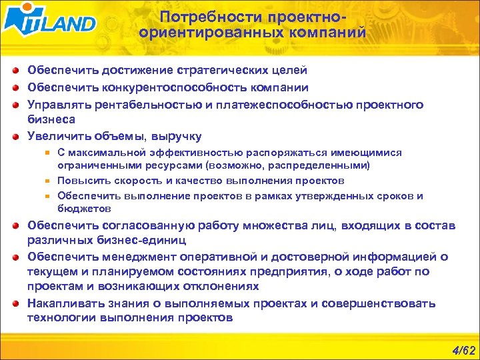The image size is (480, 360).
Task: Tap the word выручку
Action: [177, 137]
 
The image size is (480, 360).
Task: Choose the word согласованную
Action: [143, 226]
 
